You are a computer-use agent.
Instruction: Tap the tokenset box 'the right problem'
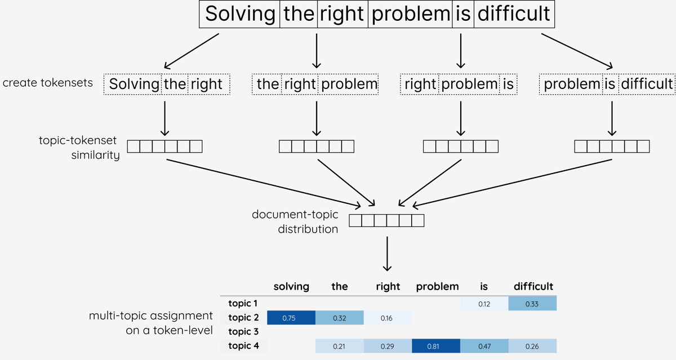(316, 85)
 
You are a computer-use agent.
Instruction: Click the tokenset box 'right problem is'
(459, 85)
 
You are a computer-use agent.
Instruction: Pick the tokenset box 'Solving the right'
(166, 85)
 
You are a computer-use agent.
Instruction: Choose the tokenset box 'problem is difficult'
(608, 85)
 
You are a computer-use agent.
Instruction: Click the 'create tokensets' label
(48, 83)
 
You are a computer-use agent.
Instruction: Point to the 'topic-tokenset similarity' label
(78, 148)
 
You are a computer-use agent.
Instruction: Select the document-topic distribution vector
(386, 220)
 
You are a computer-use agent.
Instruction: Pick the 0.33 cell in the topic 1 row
(532, 304)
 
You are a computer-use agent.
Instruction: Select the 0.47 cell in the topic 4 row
(483, 346)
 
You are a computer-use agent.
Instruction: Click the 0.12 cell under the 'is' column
(483, 304)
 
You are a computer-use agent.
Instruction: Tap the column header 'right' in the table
(388, 286)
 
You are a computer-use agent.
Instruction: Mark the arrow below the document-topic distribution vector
(387, 254)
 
